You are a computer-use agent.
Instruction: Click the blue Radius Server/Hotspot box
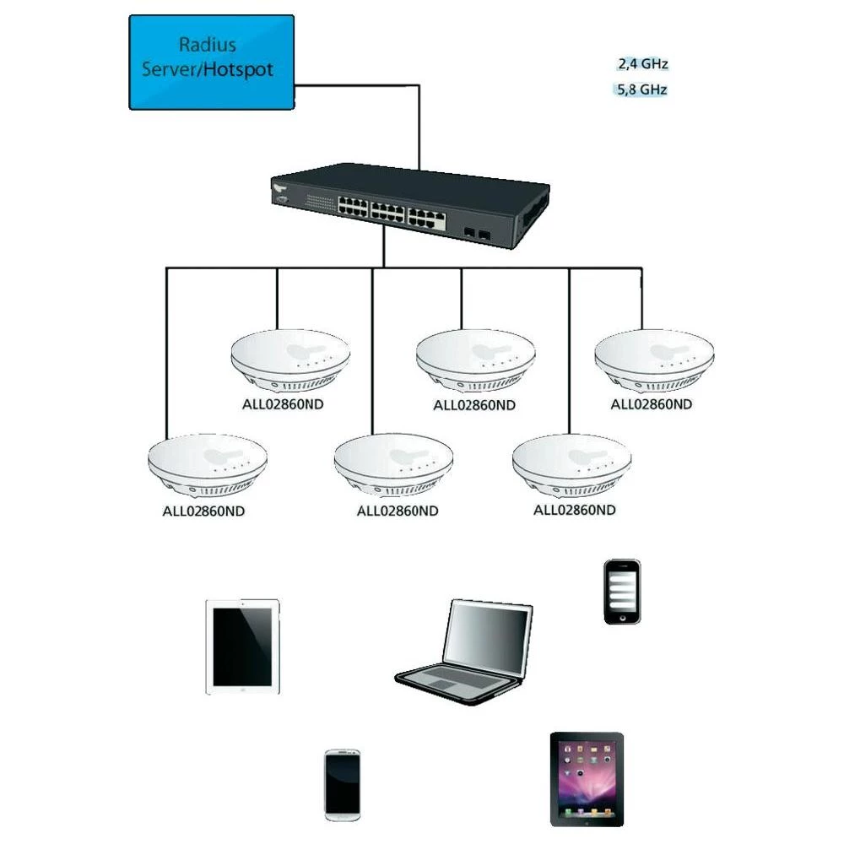pos(211,62)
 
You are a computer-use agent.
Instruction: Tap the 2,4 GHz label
pos(643,63)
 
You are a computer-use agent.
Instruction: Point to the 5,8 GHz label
pos(643,89)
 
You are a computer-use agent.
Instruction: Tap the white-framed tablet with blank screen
pos(242,647)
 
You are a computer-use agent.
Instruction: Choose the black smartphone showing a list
pos(621,592)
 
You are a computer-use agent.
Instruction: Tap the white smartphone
pos(343,784)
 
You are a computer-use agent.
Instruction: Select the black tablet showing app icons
pos(587,778)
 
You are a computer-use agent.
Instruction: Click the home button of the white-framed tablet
pos(242,689)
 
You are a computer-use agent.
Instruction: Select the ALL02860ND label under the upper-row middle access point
pos(473,405)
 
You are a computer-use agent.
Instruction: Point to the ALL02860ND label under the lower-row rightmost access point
pos(575,510)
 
